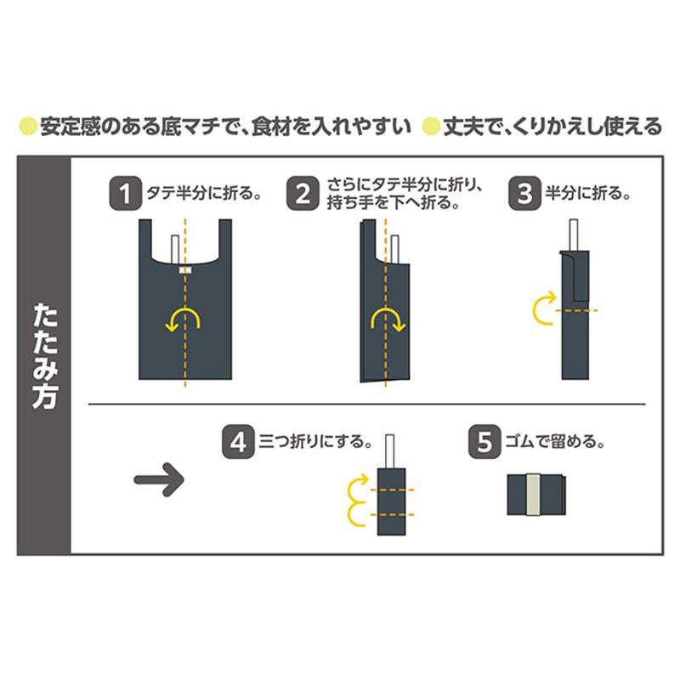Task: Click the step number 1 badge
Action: tap(123, 193)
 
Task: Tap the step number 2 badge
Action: tap(302, 193)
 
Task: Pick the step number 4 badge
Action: tap(237, 442)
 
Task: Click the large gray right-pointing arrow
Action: tap(159, 480)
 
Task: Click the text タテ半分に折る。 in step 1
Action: tap(202, 194)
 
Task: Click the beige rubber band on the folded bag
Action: tap(535, 494)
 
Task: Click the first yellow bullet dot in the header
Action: tap(28, 127)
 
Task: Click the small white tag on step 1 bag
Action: tap(184, 269)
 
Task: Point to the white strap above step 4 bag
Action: tap(392, 450)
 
